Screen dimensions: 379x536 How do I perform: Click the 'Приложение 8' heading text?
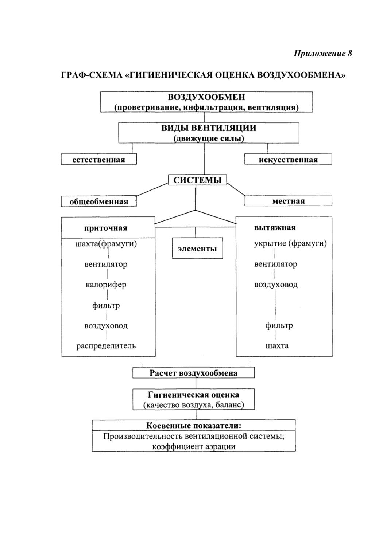pos(323,53)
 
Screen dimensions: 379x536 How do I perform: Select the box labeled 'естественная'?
pos(99,159)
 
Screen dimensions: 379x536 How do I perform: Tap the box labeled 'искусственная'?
pos(288,159)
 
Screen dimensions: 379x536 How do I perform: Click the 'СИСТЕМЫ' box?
pos(197,180)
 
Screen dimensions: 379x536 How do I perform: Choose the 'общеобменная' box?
pos(99,201)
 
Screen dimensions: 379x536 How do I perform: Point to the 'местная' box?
pos(288,200)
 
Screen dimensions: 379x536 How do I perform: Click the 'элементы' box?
pos(197,248)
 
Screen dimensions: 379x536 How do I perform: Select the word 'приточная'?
pos(106,228)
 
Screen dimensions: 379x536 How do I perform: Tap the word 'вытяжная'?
pos(275,227)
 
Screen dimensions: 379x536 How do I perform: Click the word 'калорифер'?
pos(106,285)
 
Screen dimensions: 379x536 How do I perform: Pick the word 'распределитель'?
pos(106,346)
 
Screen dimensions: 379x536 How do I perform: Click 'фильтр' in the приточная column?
pos(106,306)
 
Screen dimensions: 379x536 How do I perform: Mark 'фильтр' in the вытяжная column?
pos(279,325)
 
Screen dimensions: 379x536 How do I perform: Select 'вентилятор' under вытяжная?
pos(275,264)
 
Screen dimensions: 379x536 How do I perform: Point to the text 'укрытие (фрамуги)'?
pos(290,244)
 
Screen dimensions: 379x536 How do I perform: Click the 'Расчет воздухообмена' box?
pos(194,373)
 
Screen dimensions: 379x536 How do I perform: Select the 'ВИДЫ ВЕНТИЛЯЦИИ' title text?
pos(209,128)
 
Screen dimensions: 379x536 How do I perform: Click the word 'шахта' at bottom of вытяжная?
pos(277,346)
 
